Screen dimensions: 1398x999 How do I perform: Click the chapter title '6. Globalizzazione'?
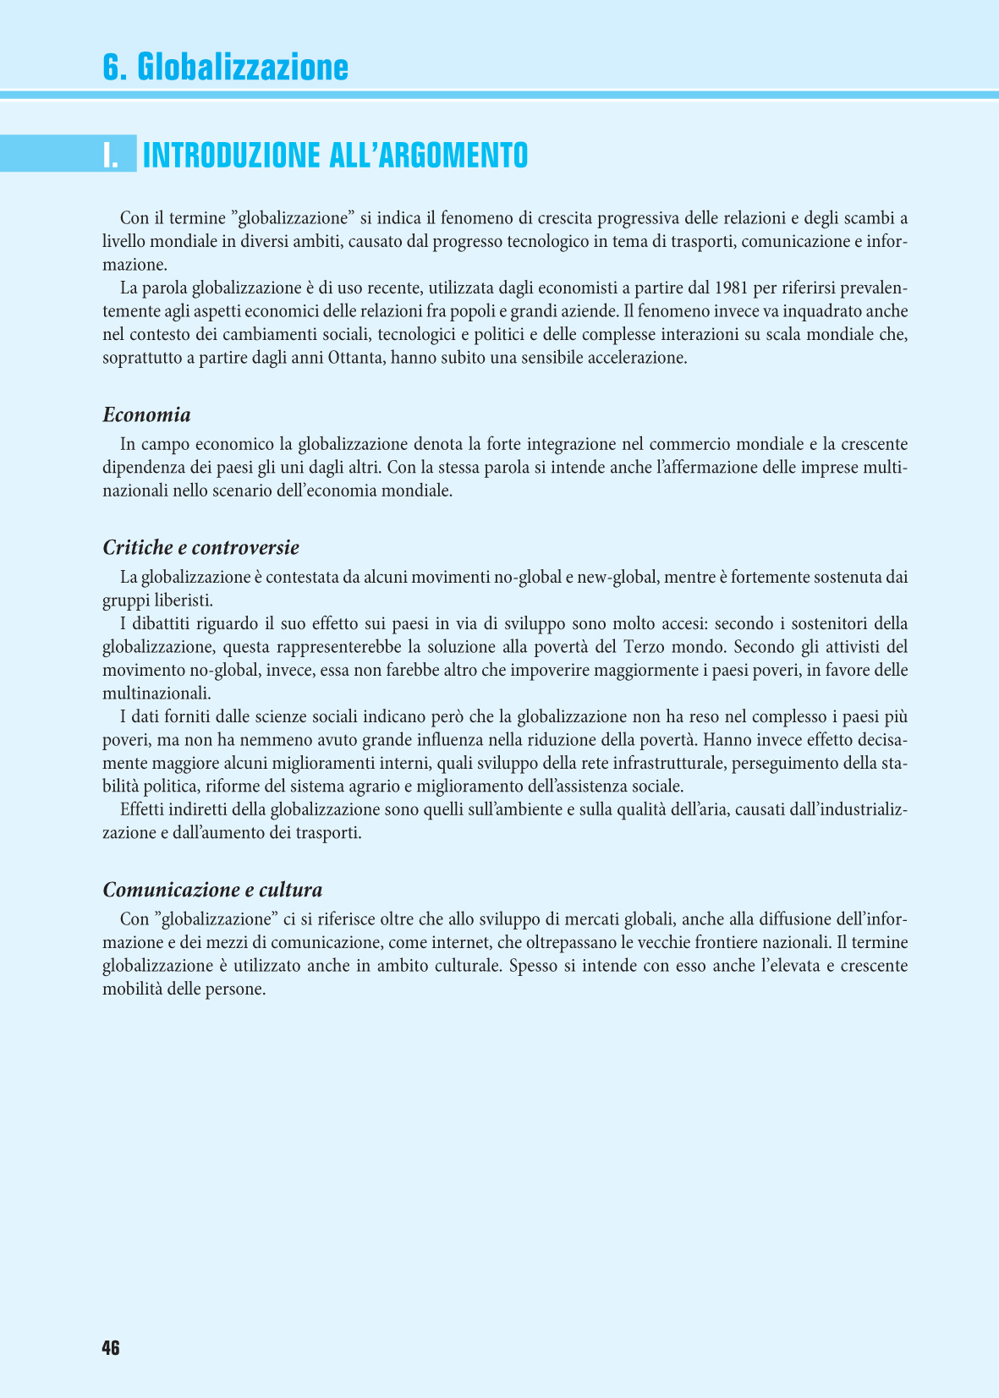(x=225, y=67)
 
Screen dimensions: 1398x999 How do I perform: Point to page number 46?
(x=111, y=1348)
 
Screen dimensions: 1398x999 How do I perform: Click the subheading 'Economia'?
(x=146, y=414)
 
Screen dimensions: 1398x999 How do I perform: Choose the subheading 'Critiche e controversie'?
(x=200, y=547)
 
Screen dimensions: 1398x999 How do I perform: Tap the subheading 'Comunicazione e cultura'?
(x=212, y=890)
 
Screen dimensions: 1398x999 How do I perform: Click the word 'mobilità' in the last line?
(x=132, y=989)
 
